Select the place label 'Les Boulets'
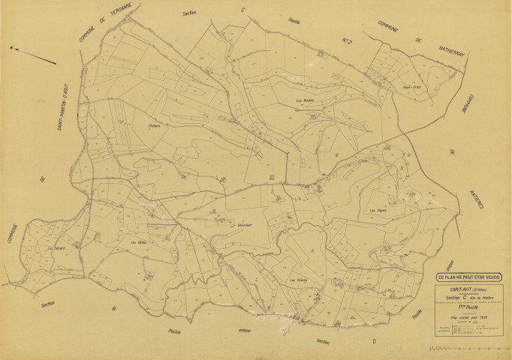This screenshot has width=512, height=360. pos(304,100)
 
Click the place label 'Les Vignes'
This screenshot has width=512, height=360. pos(378,210)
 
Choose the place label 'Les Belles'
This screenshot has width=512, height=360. pos(138,242)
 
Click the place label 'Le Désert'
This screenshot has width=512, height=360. pos(57,247)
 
